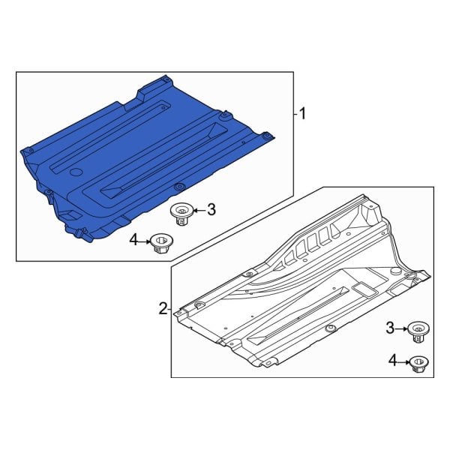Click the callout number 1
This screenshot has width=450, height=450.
(303, 114)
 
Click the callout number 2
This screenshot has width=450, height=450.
(162, 307)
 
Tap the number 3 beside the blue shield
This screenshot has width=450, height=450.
(211, 210)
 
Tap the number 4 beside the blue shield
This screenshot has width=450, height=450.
(133, 239)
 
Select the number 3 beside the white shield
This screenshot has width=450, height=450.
(389, 328)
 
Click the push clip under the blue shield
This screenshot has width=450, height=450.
(180, 213)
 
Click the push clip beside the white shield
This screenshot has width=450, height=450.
(417, 331)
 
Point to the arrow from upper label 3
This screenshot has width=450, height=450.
(197, 211)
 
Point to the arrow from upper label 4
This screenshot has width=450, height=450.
(145, 240)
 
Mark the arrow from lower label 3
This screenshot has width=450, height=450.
(401, 328)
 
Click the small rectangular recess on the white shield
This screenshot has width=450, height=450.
(363, 288)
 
